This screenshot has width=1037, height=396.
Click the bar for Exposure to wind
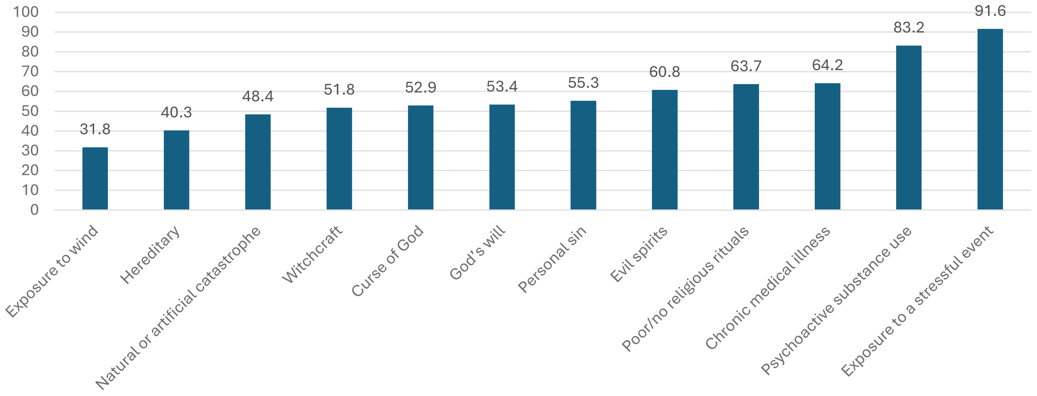click(95, 179)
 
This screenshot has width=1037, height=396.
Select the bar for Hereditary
click(176, 170)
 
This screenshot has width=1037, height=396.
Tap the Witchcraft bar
click(339, 159)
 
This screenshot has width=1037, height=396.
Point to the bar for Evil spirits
click(665, 150)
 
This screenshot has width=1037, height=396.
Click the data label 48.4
click(258, 97)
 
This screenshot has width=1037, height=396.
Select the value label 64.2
click(827, 65)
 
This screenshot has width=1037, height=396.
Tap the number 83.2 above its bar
click(908, 28)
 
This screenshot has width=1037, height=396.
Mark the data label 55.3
click(583, 83)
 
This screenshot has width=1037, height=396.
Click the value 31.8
click(95, 129)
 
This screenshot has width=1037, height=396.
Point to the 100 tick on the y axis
click(26, 12)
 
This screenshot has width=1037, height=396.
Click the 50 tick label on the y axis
click(30, 111)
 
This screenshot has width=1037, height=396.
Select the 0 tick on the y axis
click(34, 210)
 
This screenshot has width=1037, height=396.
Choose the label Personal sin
click(553, 259)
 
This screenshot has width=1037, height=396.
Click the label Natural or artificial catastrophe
click(178, 309)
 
